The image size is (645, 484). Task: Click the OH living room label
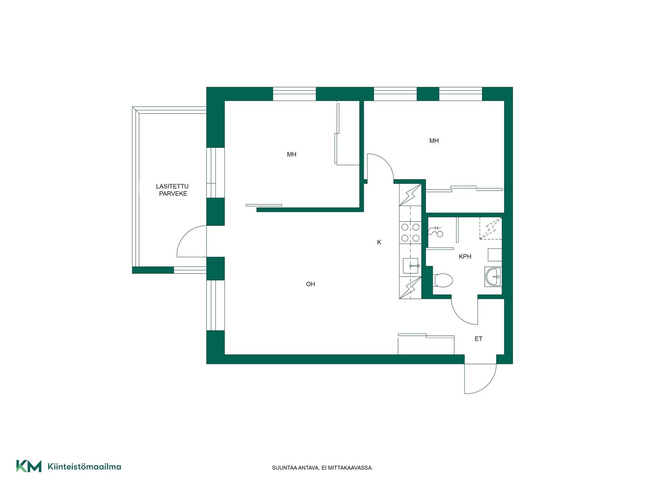[310, 284]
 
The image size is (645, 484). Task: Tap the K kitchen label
[379, 242]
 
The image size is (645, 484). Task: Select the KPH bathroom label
[465, 256]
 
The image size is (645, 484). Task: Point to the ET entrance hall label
[478, 339]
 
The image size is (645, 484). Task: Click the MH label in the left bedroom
[292, 155]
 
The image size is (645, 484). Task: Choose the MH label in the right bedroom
[434, 141]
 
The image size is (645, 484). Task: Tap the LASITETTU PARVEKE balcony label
[173, 190]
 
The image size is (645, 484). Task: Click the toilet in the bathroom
[443, 280]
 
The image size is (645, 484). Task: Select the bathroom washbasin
[493, 277]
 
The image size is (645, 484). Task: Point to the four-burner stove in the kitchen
[410, 233]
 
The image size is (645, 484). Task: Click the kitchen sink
[411, 266]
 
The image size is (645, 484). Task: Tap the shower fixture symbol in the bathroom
[436, 231]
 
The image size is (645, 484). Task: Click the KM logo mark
[29, 466]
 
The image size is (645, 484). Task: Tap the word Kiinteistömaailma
[84, 467]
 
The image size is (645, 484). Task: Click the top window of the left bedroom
[294, 94]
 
